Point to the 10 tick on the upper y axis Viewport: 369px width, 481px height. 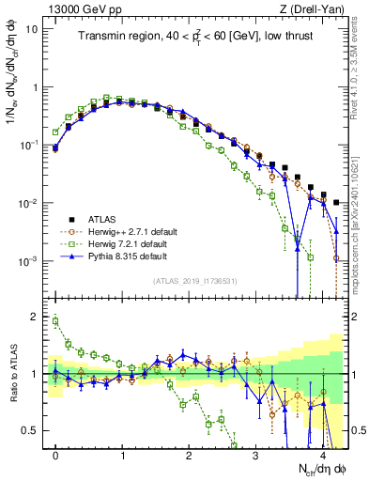pyautogui.click(x=31, y=28)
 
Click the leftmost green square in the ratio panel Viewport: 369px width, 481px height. pyautogui.click(x=55, y=321)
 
